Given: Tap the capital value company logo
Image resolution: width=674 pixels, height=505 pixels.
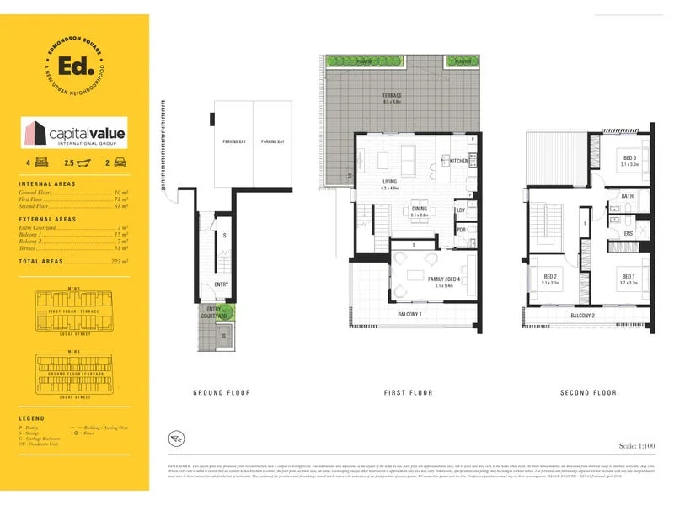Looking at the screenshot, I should tap(74, 133).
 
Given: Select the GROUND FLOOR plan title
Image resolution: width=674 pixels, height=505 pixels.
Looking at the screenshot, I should tap(222, 392).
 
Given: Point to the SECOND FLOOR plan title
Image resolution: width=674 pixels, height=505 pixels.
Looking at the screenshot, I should tap(588, 392).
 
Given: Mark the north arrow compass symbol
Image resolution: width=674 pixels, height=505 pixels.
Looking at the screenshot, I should tap(175, 438).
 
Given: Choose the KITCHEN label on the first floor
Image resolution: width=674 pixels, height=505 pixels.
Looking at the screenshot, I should tap(458, 161).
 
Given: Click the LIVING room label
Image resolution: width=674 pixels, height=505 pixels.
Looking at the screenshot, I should tap(390, 180).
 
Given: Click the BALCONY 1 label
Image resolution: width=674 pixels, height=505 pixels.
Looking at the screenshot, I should tap(409, 315).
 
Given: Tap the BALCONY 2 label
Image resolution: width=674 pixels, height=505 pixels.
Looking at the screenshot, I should tap(582, 315).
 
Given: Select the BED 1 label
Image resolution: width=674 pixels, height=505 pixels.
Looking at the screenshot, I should tap(629, 276).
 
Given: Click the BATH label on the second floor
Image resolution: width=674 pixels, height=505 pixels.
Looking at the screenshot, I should tap(627, 196).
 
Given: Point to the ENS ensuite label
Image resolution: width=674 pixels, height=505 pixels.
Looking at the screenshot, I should tap(628, 233).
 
